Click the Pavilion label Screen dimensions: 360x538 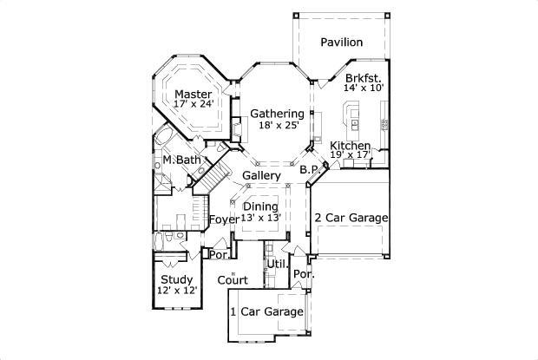coord(341,43)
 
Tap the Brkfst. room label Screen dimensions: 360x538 coord(363,77)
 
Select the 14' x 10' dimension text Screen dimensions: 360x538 coord(363,88)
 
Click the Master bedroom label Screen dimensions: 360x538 coord(193,94)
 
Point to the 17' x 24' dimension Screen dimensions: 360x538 coord(193,104)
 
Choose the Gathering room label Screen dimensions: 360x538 coord(278,114)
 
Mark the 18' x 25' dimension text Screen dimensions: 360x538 coord(279,125)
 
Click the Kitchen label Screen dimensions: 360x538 coord(351,146)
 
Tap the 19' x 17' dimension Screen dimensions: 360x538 coord(351,155)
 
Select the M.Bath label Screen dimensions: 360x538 coord(181,161)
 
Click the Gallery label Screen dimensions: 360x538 coord(260,175)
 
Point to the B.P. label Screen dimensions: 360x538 coord(309,171)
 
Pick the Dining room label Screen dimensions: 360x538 coord(260,206)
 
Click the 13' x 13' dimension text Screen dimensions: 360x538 coord(260,217)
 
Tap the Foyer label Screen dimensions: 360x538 coord(224,219)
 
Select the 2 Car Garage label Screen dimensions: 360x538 coord(351,218)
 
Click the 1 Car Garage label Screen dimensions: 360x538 coord(266,311)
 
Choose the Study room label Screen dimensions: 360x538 coord(177,279)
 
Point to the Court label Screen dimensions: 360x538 coord(233,280)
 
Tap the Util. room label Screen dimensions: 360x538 coord(277,263)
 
